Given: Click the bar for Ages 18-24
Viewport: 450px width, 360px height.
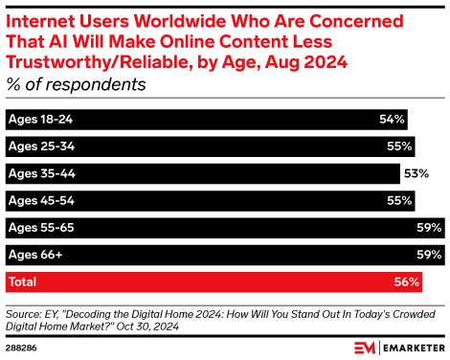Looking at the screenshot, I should coord(191,120).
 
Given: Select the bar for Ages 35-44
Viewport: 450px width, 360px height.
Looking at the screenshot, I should coord(191,173).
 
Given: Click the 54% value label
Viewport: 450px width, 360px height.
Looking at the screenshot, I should coord(393,120).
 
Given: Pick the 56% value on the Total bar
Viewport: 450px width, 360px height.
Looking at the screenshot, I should coord(406,281).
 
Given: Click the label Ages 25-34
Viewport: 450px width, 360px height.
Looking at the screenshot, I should coord(39,146).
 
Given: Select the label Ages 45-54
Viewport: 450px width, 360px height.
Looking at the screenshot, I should coord(39,201).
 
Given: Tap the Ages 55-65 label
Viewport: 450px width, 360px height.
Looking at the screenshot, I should coord(39,228).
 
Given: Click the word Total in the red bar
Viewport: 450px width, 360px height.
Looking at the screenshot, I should coord(23,281).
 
